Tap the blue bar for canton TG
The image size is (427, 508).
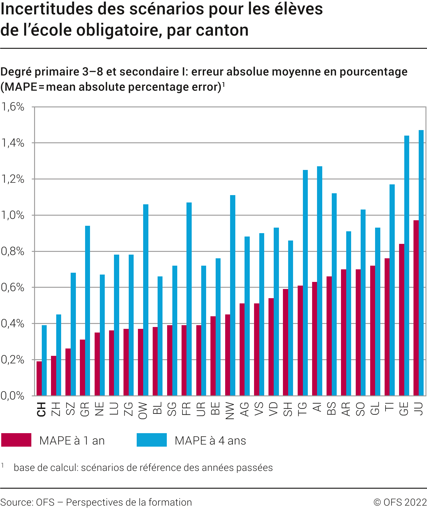point(305,283)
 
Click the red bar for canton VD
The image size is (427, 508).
point(271,347)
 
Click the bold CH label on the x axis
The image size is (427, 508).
point(41,409)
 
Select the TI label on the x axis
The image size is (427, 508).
point(390,407)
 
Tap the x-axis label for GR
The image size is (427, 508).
point(85,409)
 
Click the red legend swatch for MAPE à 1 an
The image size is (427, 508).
point(16,440)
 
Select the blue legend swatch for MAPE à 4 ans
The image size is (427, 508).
point(152,440)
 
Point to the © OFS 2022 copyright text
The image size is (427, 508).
point(400,502)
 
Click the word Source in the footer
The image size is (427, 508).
point(17,502)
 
